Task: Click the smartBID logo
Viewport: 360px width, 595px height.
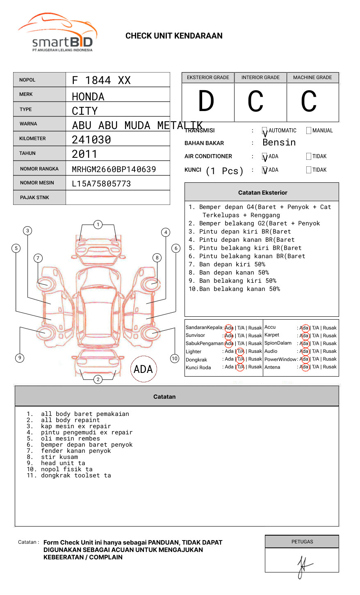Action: pos(57,33)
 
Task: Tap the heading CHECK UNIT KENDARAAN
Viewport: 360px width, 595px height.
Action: pos(174,36)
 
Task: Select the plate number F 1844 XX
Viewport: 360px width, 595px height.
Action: pos(101,80)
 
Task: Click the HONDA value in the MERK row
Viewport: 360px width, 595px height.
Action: pos(88,97)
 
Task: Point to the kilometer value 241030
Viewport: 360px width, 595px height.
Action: pos(91,140)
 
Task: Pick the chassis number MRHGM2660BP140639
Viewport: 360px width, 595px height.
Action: pos(114,169)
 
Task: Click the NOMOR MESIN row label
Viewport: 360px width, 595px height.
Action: pos(37,183)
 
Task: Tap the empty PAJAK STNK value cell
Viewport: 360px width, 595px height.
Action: pos(118,198)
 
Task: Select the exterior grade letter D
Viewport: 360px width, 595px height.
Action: pos(206,102)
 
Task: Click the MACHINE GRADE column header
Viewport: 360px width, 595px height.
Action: pos(312,77)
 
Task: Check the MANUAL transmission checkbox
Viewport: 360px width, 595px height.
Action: pos(309,131)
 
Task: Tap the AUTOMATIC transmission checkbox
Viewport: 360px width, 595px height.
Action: pos(264,131)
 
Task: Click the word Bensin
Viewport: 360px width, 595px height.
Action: pos(279,143)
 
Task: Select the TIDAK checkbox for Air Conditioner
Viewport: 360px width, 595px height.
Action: pos(309,157)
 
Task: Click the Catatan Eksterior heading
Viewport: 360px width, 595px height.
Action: pos(262,193)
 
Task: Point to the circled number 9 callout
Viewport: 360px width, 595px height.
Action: pos(20,358)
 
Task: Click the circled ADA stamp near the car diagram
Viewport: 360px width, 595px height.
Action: pos(144,369)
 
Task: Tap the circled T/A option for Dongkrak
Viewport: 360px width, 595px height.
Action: pos(240,359)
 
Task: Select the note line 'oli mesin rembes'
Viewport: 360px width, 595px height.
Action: pos(70,438)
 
